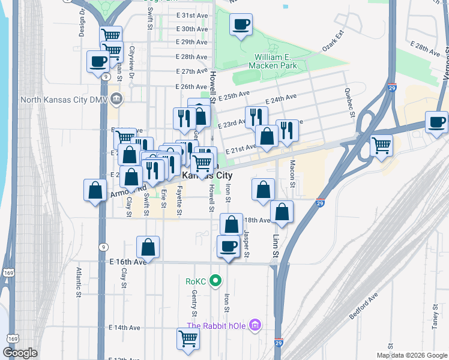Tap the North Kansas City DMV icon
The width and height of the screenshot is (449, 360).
(116, 99)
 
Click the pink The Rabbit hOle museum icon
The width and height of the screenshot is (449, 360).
(256, 326)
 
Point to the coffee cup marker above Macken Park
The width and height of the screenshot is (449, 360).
(241, 25)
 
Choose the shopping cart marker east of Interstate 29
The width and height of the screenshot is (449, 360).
(382, 145)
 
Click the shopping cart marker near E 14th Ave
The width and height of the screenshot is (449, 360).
(188, 338)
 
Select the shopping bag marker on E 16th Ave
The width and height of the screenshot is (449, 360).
(148, 247)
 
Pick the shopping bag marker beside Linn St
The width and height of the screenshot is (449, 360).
(282, 212)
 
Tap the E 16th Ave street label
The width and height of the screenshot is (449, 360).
(128, 262)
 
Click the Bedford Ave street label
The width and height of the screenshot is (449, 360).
(365, 306)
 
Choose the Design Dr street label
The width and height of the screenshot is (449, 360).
(82, 24)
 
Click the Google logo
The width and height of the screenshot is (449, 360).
(21, 353)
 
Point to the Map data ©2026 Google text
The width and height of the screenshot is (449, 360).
(412, 355)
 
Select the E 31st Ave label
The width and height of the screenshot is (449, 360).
(191, 15)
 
